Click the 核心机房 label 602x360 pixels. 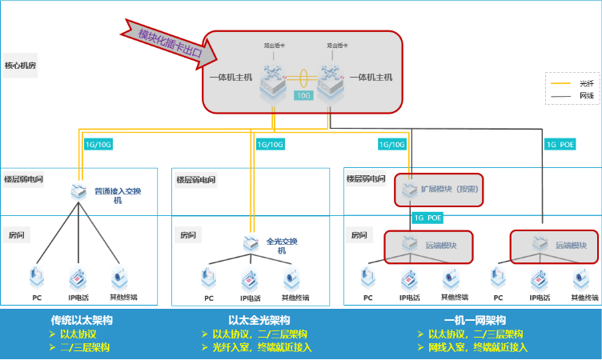coord(22,65)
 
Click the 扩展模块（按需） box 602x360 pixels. coord(440,190)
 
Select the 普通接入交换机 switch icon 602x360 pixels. coord(79,192)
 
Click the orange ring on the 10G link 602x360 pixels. coord(303,78)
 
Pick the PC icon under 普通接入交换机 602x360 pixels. coord(36,277)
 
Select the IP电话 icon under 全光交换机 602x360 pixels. coord(251,278)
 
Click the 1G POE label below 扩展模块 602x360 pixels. coord(427,217)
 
